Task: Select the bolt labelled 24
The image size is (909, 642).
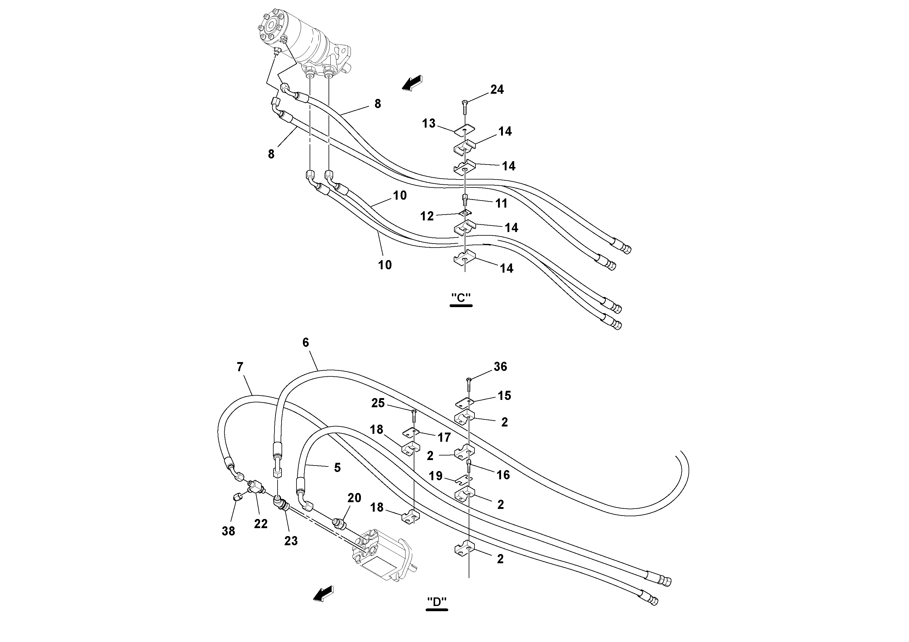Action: (x=464, y=105)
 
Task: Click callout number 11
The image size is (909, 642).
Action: (x=501, y=203)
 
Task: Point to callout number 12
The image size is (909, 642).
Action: (x=427, y=216)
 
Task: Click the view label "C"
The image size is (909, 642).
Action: (x=461, y=298)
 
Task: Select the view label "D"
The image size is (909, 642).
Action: (x=437, y=602)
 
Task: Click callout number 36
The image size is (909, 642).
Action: (x=500, y=367)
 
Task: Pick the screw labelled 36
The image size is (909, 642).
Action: (x=469, y=382)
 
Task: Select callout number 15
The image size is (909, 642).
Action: (x=504, y=395)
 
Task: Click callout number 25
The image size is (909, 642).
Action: (x=378, y=403)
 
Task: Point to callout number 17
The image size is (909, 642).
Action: (x=444, y=437)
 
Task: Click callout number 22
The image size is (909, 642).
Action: (x=260, y=524)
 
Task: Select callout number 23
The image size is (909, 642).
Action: (x=291, y=541)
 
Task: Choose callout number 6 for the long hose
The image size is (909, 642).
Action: (x=306, y=343)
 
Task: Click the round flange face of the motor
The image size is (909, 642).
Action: (x=271, y=27)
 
